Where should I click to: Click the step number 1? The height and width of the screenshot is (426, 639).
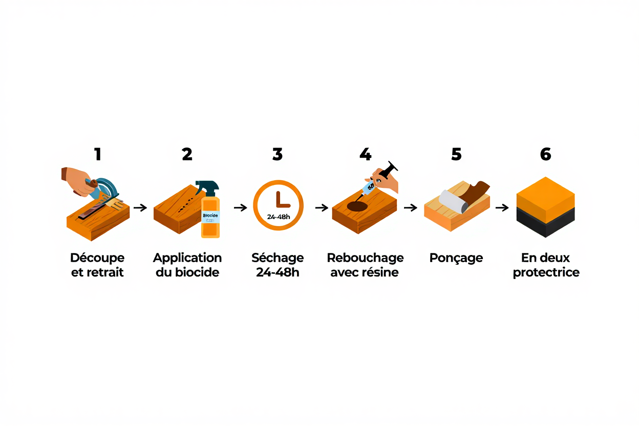pyautogui.click(x=97, y=154)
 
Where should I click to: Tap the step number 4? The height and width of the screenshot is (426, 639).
pyautogui.click(x=365, y=154)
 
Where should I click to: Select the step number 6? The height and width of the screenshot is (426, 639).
pyautogui.click(x=546, y=154)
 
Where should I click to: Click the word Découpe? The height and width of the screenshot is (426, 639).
pyautogui.click(x=97, y=258)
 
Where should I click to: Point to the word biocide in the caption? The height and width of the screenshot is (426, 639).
pyautogui.click(x=197, y=272)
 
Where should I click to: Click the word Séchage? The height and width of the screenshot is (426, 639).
pyautogui.click(x=278, y=258)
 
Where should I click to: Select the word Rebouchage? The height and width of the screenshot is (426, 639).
pyautogui.click(x=365, y=258)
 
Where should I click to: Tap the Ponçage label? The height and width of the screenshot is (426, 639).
pyautogui.click(x=456, y=258)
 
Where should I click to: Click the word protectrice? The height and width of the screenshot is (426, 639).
pyautogui.click(x=546, y=272)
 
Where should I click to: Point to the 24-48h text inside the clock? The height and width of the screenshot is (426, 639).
pyautogui.click(x=279, y=217)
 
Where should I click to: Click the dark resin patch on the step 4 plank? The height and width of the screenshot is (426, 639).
pyautogui.click(x=357, y=206)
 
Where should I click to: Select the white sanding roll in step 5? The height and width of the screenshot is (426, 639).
pyautogui.click(x=452, y=201)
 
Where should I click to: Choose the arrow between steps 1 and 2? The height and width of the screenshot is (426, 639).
pyautogui.click(x=140, y=207)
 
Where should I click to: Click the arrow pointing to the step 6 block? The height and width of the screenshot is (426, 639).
pyautogui.click(x=502, y=207)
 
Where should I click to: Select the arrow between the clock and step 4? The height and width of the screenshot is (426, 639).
pyautogui.click(x=322, y=207)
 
